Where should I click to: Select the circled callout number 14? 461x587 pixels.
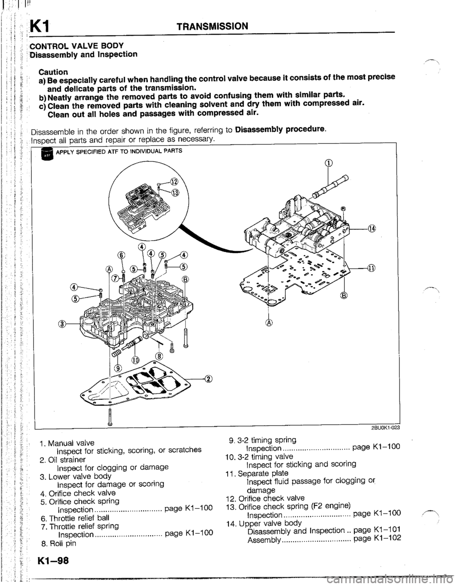pyautogui.click(x=373, y=228)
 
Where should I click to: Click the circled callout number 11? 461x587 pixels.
pyautogui.click(x=373, y=268)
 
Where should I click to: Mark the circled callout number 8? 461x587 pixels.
pyautogui.click(x=159, y=356)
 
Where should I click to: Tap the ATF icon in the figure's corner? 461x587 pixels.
pyautogui.click(x=48, y=154)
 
